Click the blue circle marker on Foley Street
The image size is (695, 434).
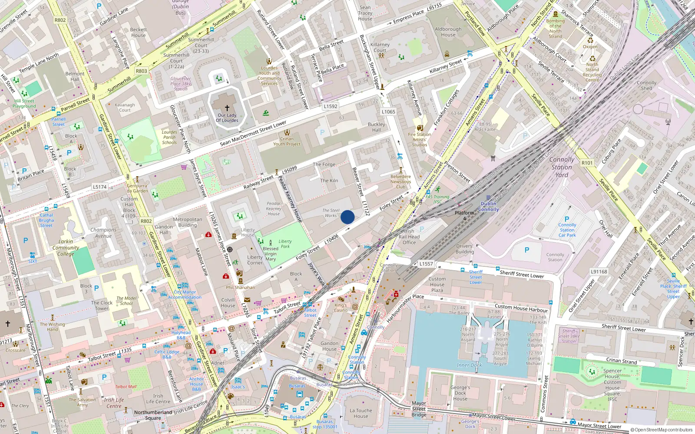pos(347,217)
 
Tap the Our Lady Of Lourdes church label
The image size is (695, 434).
pos(227,118)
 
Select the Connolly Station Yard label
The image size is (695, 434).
pos(561,167)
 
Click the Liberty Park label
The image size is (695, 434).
pos(285,244)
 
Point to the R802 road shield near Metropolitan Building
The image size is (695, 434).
pos(146,221)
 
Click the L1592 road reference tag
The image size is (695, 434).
pos(330,106)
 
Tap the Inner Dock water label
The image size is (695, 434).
pos(469,365)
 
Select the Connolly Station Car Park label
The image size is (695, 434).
pos(567,230)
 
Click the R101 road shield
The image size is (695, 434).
pos(587,163)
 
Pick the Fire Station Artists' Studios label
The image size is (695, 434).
pos(419,139)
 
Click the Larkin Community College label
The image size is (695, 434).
pos(66,248)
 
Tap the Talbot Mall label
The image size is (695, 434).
pos(126,387)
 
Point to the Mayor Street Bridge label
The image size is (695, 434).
pos(419,409)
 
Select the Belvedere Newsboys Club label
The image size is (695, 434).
pos(400,182)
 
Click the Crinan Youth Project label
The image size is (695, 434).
pos(287,141)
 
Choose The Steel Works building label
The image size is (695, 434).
pos(331,213)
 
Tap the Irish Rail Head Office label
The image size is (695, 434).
pos(409,237)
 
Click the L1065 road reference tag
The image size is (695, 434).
pos(388,112)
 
